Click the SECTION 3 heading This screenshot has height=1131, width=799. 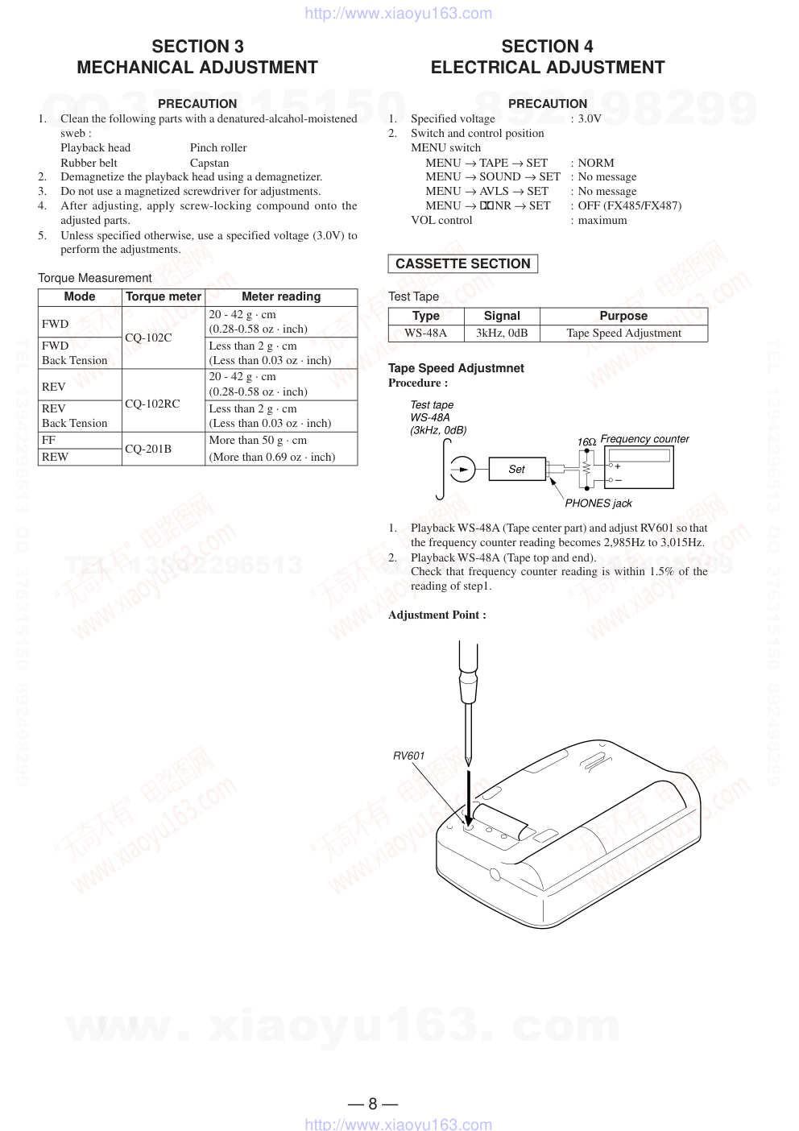[197, 47]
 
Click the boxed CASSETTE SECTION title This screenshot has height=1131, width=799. [462, 264]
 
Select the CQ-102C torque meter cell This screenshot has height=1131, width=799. [148, 338]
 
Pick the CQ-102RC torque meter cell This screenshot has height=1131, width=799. [152, 404]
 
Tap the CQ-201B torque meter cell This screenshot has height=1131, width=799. [148, 449]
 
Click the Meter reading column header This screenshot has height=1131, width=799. [281, 296]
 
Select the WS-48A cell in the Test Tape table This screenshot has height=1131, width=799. [425, 333]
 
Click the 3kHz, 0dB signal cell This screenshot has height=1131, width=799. [502, 333]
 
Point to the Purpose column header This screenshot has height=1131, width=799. [623, 316]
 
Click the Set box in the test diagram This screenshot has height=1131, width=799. [516, 469]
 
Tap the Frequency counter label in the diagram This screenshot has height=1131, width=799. [645, 439]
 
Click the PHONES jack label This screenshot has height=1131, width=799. [598, 503]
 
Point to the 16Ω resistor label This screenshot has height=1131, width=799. [586, 442]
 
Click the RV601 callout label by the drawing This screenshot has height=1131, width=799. [408, 756]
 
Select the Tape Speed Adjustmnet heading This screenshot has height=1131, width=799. [456, 368]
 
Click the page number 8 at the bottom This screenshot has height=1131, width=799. [373, 1104]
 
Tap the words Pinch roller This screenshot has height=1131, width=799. [218, 147]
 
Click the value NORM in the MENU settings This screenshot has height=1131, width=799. [596, 163]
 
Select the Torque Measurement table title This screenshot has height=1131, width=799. [95, 278]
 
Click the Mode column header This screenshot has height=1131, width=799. [80, 296]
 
